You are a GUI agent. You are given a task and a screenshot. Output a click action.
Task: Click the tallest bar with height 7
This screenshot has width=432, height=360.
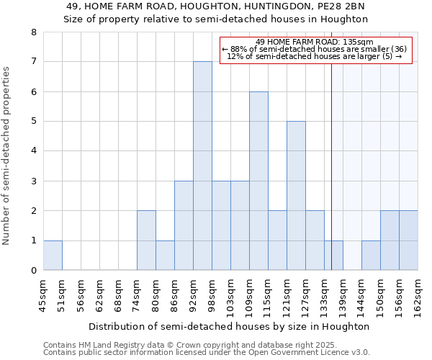202,166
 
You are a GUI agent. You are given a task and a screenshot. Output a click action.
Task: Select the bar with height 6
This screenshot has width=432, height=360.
258,181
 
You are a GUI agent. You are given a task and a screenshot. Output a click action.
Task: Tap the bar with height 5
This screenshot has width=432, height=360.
296,196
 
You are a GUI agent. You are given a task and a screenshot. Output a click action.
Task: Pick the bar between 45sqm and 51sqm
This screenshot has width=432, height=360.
53,256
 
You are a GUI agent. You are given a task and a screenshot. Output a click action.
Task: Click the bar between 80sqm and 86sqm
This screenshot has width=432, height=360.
165,256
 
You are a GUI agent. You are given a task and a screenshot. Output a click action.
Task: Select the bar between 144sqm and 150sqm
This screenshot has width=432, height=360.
371,256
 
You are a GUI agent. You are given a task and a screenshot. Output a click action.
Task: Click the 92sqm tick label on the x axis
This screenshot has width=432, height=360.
193,293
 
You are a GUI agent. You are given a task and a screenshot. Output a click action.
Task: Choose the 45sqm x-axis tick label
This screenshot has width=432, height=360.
43,293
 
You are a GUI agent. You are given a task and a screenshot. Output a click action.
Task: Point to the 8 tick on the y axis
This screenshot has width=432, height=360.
34,32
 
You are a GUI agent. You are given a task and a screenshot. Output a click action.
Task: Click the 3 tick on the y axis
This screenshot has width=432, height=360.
34,181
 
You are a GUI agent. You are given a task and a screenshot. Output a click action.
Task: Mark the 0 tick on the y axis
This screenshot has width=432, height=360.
34,271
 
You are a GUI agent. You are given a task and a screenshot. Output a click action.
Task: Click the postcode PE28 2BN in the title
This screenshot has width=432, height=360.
341,6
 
